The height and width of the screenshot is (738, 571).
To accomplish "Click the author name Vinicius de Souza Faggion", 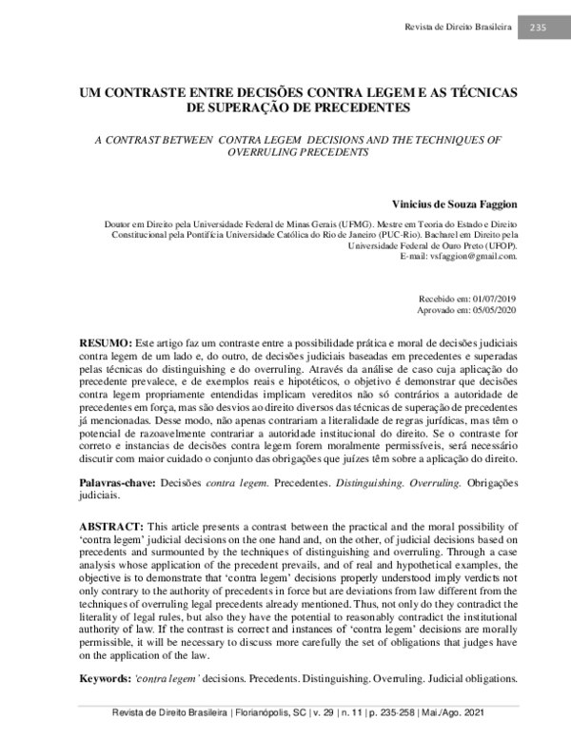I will click(455, 204).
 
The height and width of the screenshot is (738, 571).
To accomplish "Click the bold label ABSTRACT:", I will click(109, 526).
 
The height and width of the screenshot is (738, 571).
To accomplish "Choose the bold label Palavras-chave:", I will click(117, 484).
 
